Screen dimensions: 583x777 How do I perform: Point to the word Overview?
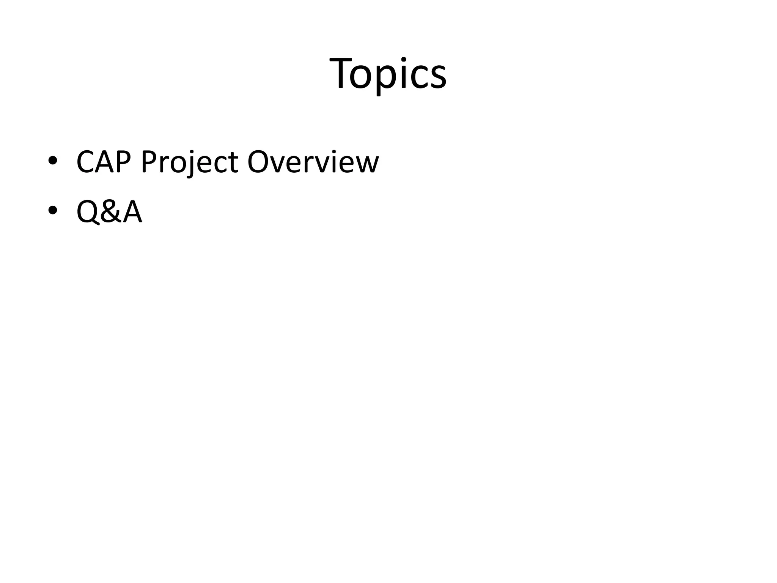[x=313, y=162]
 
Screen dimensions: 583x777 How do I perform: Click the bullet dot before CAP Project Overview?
[x=53, y=161]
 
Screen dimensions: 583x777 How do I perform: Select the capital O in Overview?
[x=259, y=162]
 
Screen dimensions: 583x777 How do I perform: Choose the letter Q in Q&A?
[x=88, y=213]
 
